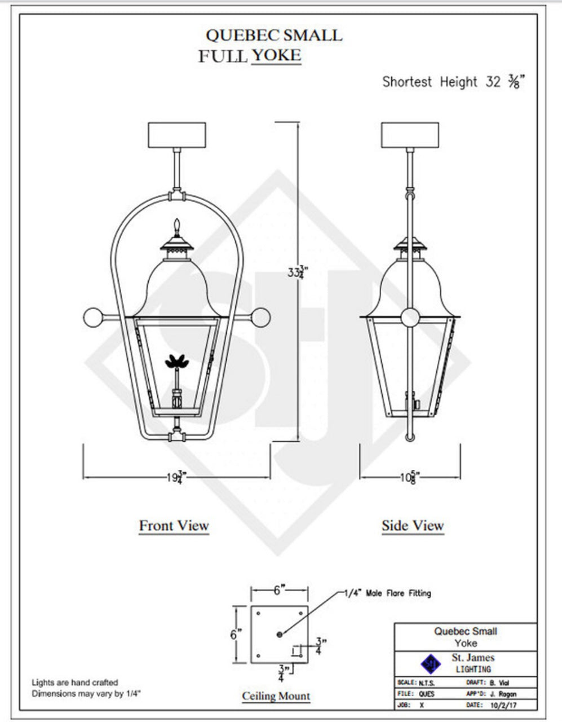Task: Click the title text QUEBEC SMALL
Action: (273, 36)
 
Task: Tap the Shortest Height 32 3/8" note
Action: (453, 82)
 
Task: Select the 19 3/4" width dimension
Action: (176, 477)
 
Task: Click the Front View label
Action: (174, 526)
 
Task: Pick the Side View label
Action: (413, 526)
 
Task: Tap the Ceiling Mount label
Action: (276, 696)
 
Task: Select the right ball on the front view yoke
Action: (260, 318)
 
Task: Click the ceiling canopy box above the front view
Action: (176, 135)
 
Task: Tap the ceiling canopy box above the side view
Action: (410, 135)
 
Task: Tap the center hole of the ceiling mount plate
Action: (280, 635)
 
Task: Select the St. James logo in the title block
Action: (431, 663)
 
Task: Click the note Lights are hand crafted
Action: (74, 683)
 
